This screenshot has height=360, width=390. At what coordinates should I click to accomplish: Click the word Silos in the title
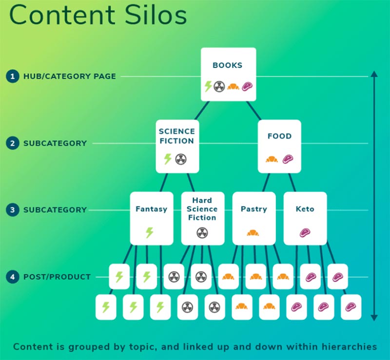[156, 15]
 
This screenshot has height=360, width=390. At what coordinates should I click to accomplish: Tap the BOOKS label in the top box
[227, 65]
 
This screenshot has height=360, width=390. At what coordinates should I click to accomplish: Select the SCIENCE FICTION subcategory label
[177, 136]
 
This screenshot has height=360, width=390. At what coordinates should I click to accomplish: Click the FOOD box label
[279, 136]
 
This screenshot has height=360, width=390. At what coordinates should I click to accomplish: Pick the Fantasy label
[151, 209]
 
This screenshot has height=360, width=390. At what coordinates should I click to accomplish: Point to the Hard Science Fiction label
[202, 209]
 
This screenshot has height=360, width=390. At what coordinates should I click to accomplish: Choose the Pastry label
[253, 209]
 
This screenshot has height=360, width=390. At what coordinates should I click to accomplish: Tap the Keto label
[305, 209]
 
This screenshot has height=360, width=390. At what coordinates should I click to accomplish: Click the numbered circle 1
[13, 76]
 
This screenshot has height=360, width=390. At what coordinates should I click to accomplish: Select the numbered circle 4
[13, 277]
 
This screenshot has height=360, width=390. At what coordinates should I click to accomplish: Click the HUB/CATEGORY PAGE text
[70, 76]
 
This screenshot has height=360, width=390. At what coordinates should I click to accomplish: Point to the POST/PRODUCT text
[57, 277]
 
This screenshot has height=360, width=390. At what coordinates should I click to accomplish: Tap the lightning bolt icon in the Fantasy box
[150, 233]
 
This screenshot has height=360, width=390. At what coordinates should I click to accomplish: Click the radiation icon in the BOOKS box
[219, 87]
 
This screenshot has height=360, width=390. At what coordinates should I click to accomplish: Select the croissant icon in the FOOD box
[272, 159]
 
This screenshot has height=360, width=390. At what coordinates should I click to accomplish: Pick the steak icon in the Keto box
[305, 233]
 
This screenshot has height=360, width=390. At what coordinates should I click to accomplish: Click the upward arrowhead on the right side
[374, 74]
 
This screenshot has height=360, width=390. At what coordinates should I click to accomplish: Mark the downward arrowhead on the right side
[374, 318]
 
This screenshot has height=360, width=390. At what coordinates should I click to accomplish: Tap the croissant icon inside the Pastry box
[253, 233]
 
